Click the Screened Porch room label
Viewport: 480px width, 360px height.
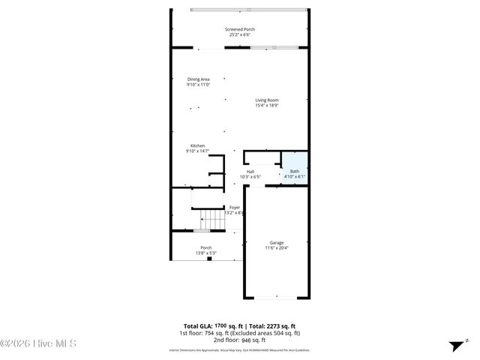pyautogui.click(x=239, y=29)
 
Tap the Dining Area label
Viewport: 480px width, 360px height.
pyautogui.click(x=198, y=79)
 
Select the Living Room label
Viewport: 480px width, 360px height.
pyautogui.click(x=266, y=100)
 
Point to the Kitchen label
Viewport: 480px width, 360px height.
pyautogui.click(x=197, y=145)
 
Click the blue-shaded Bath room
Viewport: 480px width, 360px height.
pyautogui.click(x=294, y=166)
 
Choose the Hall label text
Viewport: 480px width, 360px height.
pyautogui.click(x=250, y=171)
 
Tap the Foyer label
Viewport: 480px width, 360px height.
pyautogui.click(x=235, y=207)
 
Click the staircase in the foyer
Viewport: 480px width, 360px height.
pyautogui.click(x=213, y=219)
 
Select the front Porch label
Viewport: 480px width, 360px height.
pyautogui.click(x=205, y=247)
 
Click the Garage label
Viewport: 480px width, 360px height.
pyautogui.click(x=277, y=242)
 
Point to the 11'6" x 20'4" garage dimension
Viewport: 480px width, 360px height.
pyautogui.click(x=277, y=248)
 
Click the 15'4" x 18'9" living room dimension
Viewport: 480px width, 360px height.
pyautogui.click(x=266, y=106)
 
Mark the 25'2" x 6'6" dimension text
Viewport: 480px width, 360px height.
pyautogui.click(x=239, y=35)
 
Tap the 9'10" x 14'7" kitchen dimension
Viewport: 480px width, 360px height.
pyautogui.click(x=197, y=151)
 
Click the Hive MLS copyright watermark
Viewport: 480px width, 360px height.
pyautogui.click(x=39, y=344)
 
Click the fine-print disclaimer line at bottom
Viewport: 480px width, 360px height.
pyautogui.click(x=239, y=350)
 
